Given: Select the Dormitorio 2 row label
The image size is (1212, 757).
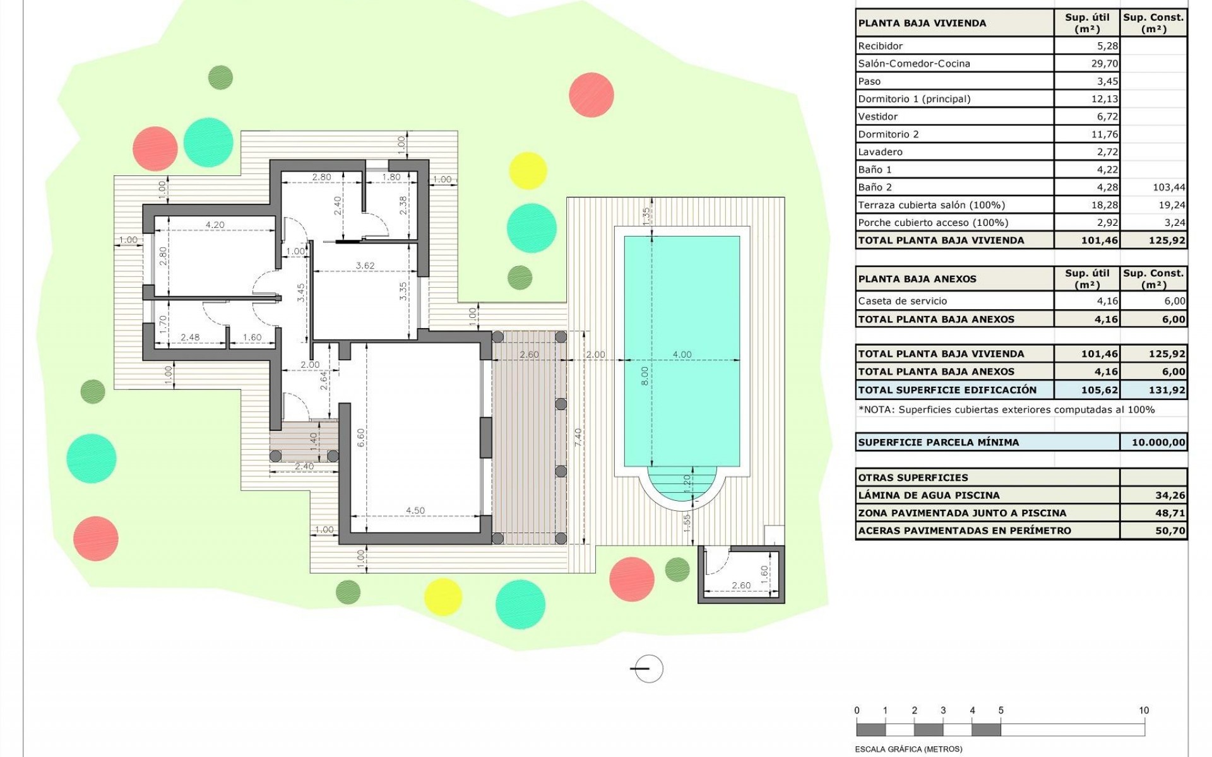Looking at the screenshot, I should point(888,134).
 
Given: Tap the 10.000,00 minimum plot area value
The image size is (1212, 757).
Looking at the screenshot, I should point(1158,442).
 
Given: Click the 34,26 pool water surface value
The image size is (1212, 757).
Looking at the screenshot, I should point(1170,495).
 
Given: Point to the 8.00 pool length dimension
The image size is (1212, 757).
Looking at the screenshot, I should point(645,376).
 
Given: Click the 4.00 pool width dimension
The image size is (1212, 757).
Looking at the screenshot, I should point(682,355).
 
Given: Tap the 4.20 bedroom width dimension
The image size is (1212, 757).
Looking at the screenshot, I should point(215,225).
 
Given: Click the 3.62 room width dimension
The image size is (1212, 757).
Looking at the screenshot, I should point(365,266).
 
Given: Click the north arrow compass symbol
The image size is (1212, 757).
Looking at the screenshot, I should point(648,669).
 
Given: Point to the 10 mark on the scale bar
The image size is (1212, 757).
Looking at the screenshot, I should point(1143,710).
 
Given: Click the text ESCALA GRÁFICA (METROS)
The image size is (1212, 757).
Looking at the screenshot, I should point(908,749).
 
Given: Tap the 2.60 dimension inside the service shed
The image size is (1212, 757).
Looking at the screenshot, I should point(740,585).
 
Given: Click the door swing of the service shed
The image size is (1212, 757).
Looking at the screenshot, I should point(716,562).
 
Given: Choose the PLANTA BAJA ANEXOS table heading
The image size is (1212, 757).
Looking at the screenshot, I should point(917,279).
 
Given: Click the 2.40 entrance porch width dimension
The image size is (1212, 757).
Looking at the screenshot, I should point(304,467).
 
